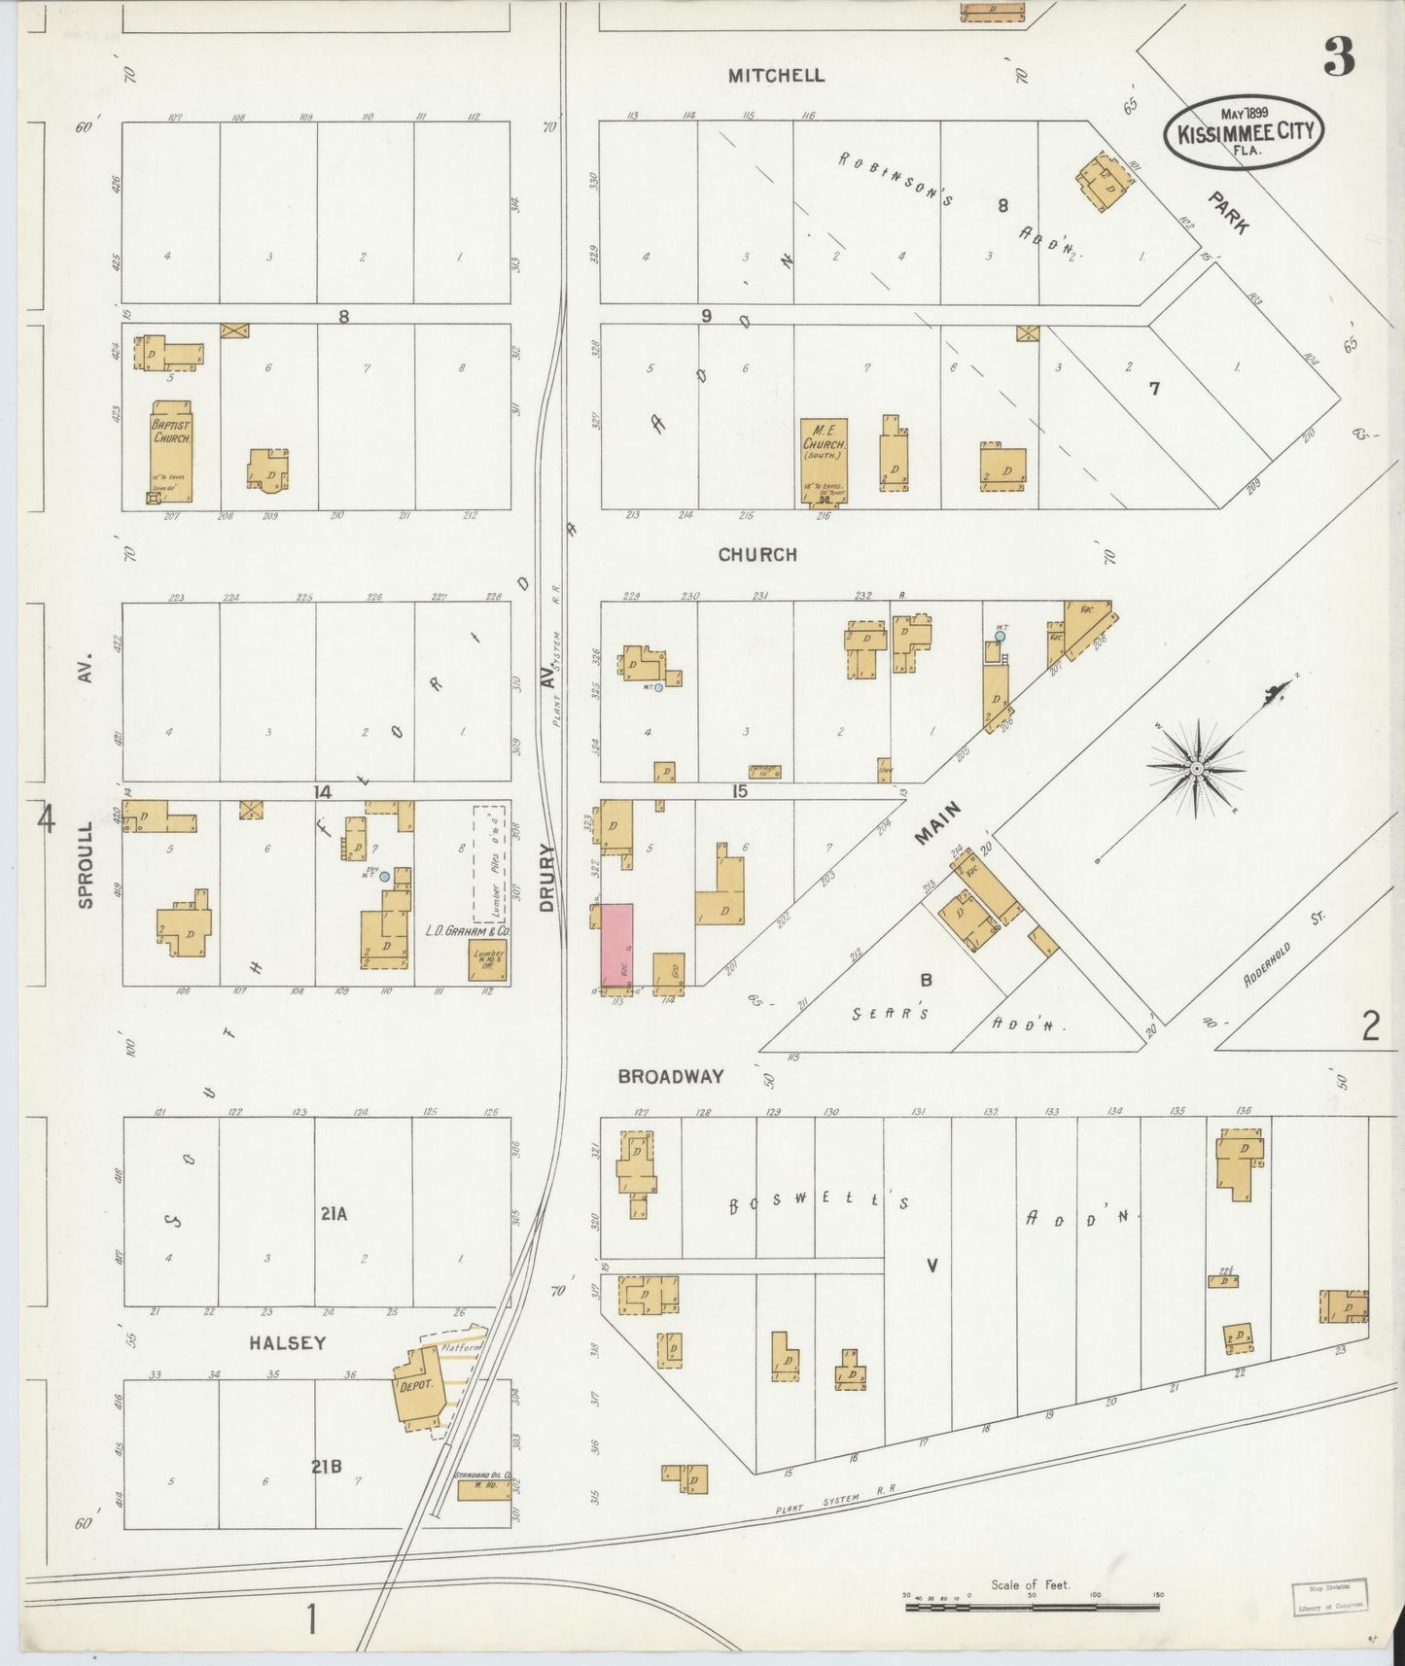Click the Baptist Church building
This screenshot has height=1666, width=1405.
171,450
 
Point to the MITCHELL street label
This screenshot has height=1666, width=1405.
776,76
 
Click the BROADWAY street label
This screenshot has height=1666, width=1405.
671,1076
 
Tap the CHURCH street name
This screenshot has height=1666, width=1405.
757,554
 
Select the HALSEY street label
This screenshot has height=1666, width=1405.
287,1342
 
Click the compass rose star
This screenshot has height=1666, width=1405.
1197,768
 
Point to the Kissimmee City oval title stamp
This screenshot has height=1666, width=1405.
1245,133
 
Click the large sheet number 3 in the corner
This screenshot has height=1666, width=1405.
1339,60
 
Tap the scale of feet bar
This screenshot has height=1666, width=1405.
1031,1607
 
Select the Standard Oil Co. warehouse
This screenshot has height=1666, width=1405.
483,1488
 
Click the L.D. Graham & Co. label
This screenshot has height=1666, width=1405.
467,930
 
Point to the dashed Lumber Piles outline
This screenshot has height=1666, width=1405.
489,862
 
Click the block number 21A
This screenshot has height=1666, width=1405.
333,1213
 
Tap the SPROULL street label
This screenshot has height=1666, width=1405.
86,865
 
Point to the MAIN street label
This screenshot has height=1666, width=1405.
938,822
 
